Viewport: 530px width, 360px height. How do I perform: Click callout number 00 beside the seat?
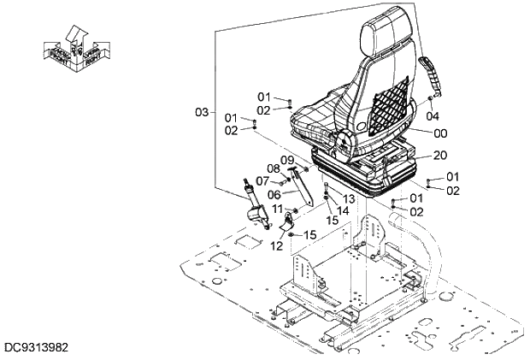(440, 133)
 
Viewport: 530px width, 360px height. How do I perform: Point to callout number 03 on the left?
(202, 112)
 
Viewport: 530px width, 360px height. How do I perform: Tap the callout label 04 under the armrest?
(433, 115)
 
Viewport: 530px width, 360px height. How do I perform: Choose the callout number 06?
(274, 193)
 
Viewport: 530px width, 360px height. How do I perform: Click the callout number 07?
(262, 180)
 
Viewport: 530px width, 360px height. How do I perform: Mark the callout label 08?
(274, 168)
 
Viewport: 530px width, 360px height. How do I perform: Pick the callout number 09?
(288, 160)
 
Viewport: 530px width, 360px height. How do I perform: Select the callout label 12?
(277, 246)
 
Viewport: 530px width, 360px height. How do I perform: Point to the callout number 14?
(342, 210)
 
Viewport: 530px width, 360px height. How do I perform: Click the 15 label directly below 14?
(333, 220)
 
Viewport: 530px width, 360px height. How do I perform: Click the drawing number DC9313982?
(35, 347)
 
